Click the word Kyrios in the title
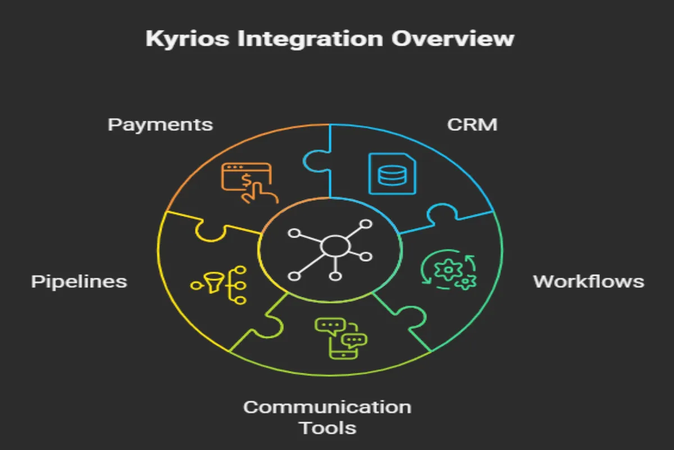(x=179, y=39)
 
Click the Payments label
(x=160, y=124)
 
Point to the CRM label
(x=472, y=124)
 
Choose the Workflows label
(x=588, y=281)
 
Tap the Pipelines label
(x=79, y=281)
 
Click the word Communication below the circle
(x=327, y=406)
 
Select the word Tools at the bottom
(x=327, y=428)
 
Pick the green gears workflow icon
(x=449, y=272)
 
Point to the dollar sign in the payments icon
(x=246, y=179)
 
